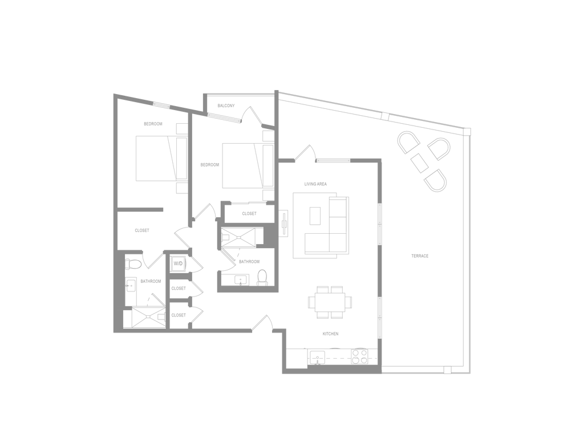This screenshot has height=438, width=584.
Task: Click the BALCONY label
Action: (x=226, y=106)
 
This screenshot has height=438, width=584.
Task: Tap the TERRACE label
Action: (x=420, y=256)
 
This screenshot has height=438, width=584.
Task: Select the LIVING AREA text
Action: (x=315, y=184)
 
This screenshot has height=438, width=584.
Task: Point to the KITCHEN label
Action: (x=330, y=334)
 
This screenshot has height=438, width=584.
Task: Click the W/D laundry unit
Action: (x=179, y=263)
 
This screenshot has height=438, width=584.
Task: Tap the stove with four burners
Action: (x=360, y=356)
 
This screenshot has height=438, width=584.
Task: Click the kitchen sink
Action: (x=317, y=357)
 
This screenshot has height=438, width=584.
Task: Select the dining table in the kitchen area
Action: (x=330, y=302)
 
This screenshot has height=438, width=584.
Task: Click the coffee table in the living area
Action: (x=315, y=216)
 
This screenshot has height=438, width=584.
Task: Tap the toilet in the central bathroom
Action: (x=262, y=278)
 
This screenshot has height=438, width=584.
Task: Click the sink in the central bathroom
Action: (x=241, y=280)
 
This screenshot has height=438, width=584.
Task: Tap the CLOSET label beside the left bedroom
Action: (x=142, y=230)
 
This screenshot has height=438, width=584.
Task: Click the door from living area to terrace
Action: (x=306, y=153)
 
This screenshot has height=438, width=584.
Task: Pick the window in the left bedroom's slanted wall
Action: (x=161, y=105)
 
